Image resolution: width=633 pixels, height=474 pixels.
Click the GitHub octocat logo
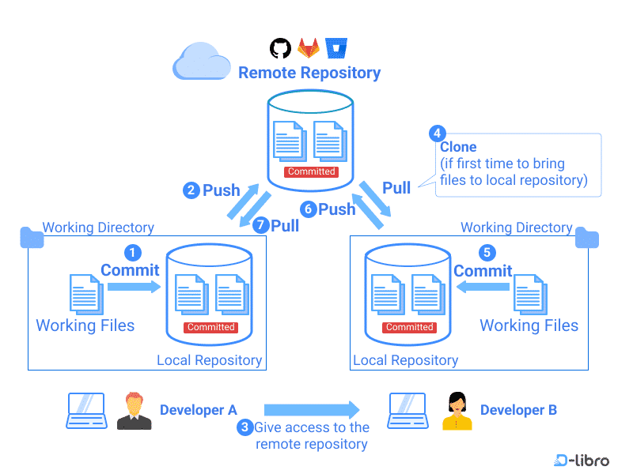(x=280, y=48)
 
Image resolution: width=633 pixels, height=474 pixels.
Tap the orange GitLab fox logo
(x=308, y=48)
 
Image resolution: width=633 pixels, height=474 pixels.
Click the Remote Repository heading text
(x=309, y=73)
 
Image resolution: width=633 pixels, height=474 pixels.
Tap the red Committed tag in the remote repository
(x=311, y=171)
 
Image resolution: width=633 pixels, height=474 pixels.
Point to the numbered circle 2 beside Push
(x=191, y=190)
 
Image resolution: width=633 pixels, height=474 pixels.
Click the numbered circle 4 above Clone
(x=437, y=133)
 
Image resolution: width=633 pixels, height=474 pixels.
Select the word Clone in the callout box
(x=458, y=147)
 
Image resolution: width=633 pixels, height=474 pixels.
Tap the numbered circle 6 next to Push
(x=309, y=209)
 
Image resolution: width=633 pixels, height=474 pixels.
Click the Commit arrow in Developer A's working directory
(x=133, y=288)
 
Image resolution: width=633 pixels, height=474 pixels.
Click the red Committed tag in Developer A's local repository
(x=210, y=327)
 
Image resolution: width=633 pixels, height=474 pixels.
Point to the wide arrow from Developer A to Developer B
(x=312, y=410)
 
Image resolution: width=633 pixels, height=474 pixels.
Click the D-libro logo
(x=582, y=460)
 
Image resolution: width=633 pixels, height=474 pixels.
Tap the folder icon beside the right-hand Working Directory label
(x=587, y=237)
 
